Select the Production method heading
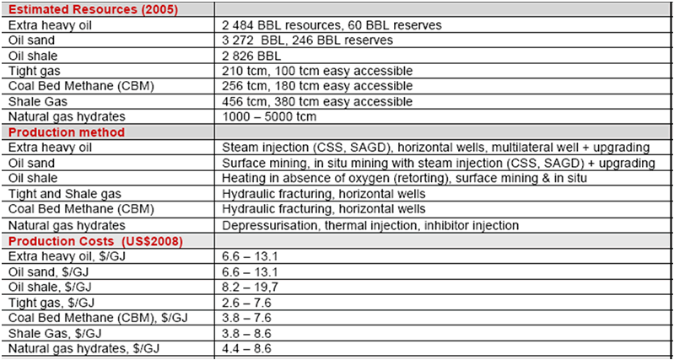pyautogui.click(x=67, y=132)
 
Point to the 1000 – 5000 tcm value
pyautogui.click(x=268, y=116)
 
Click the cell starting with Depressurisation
pyautogui.click(x=371, y=225)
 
